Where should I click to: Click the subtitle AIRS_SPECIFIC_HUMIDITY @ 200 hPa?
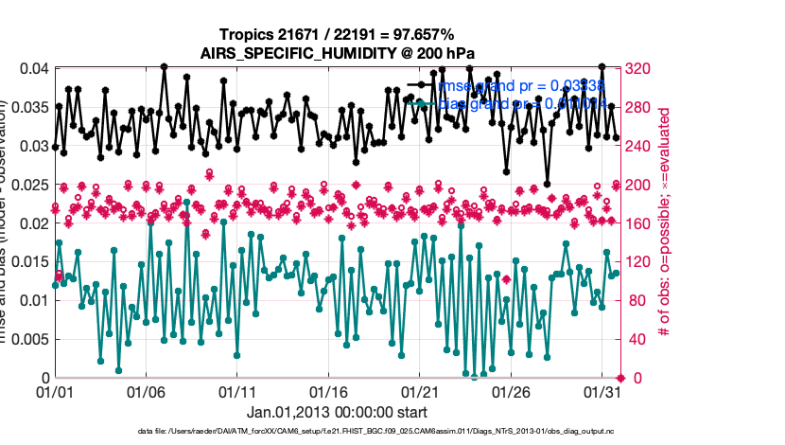click(336, 53)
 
